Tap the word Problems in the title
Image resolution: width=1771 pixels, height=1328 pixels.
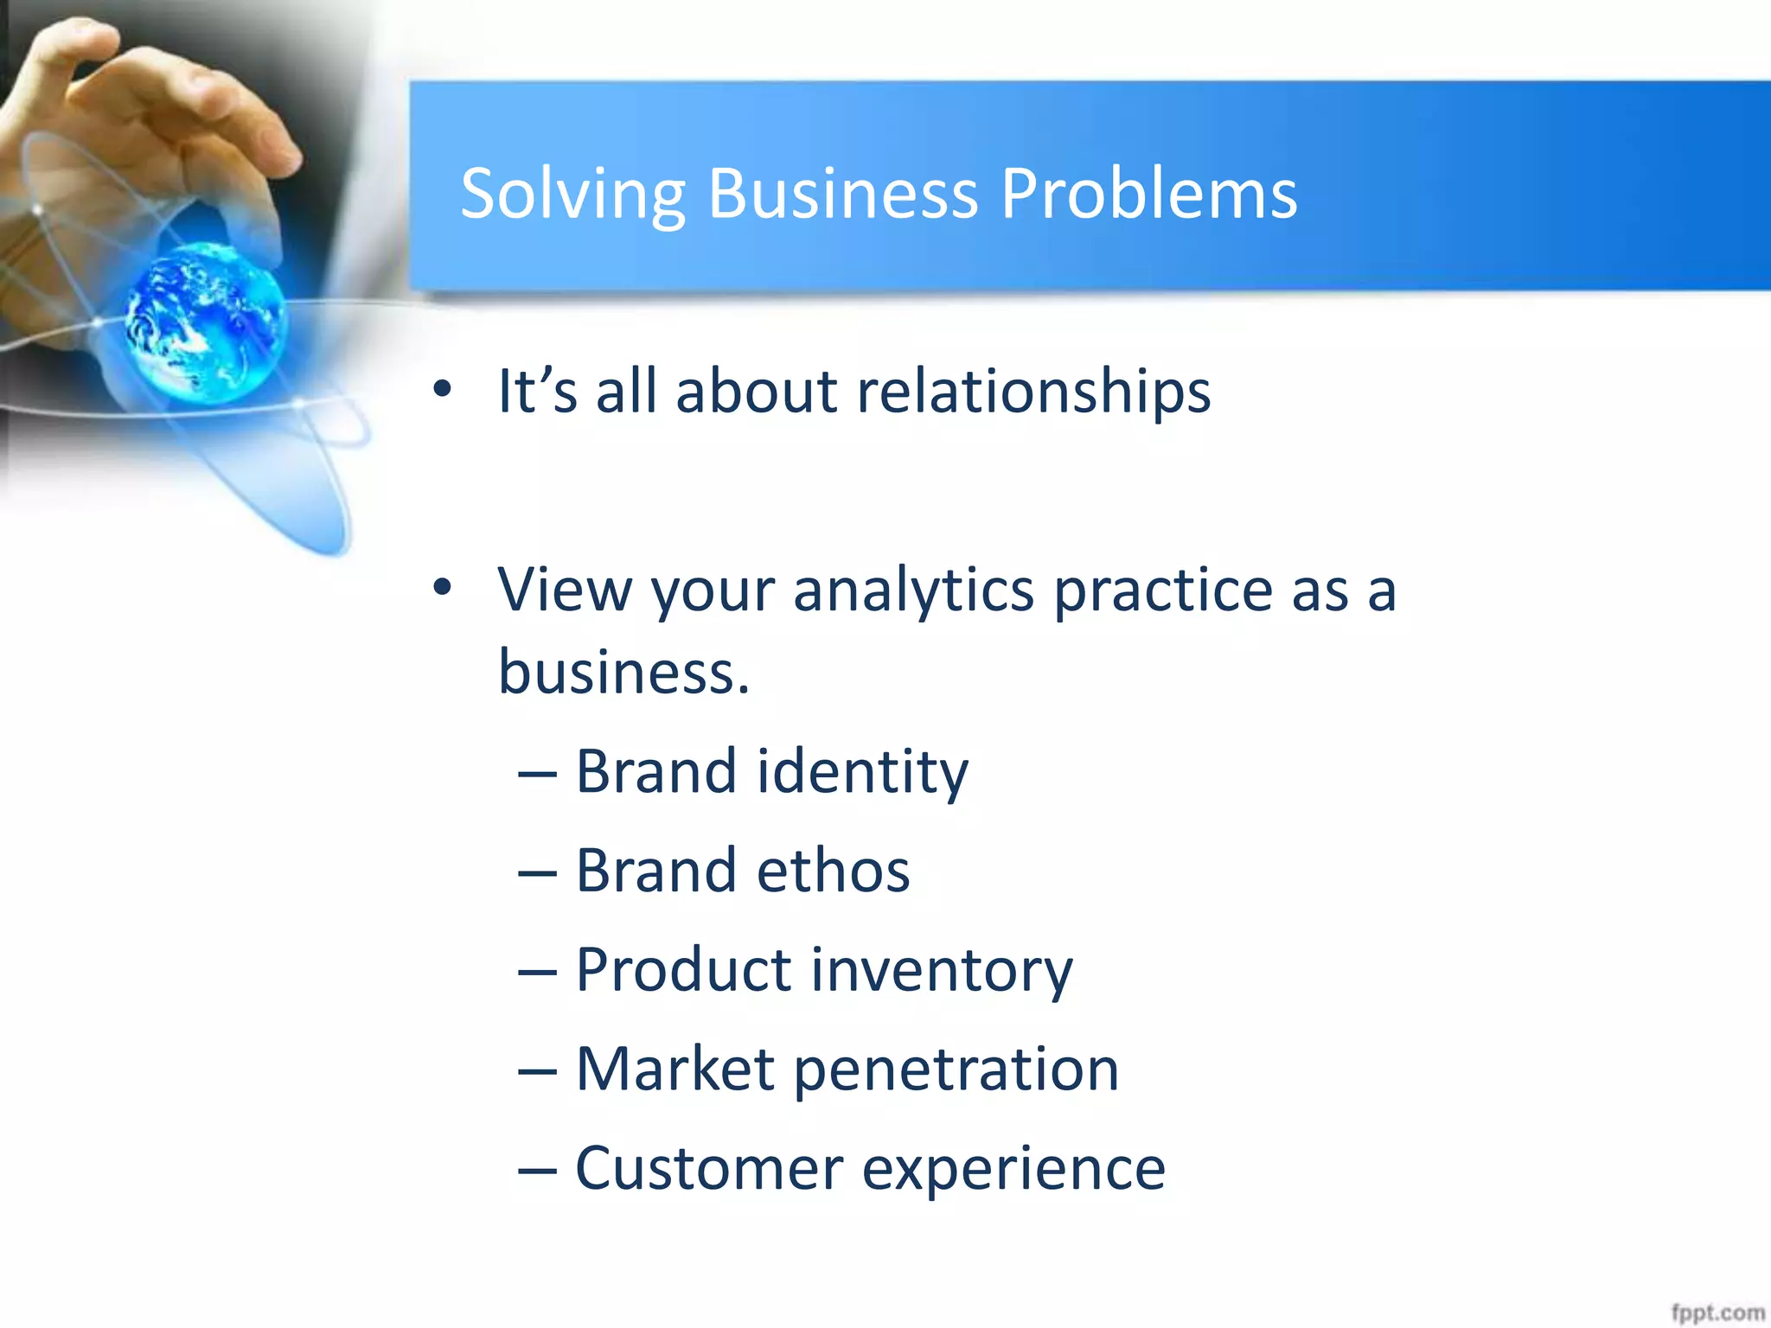click(1149, 195)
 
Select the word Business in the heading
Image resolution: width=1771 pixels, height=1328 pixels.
click(843, 195)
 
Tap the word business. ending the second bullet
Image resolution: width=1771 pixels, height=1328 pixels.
click(623, 673)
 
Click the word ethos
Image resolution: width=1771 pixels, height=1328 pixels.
click(833, 871)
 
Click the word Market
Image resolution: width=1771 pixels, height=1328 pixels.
click(675, 1069)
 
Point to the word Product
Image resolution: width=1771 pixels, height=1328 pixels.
click(683, 970)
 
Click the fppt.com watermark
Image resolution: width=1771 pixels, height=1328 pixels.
click(1717, 1312)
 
